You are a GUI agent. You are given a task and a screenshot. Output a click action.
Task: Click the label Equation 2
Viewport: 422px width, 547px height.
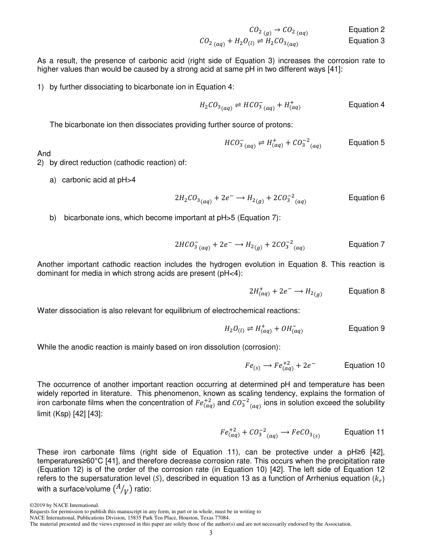click(366, 30)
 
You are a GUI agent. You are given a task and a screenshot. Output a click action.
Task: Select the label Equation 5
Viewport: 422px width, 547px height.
click(366, 143)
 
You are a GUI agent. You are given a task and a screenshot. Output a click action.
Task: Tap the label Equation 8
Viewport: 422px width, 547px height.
click(366, 291)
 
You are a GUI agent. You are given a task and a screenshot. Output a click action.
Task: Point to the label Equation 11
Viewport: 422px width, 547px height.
click(364, 432)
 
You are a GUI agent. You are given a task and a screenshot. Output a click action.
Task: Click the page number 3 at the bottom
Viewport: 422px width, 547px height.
click(211, 533)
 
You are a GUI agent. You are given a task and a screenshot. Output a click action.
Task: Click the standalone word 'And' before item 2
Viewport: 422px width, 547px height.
click(44, 153)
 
